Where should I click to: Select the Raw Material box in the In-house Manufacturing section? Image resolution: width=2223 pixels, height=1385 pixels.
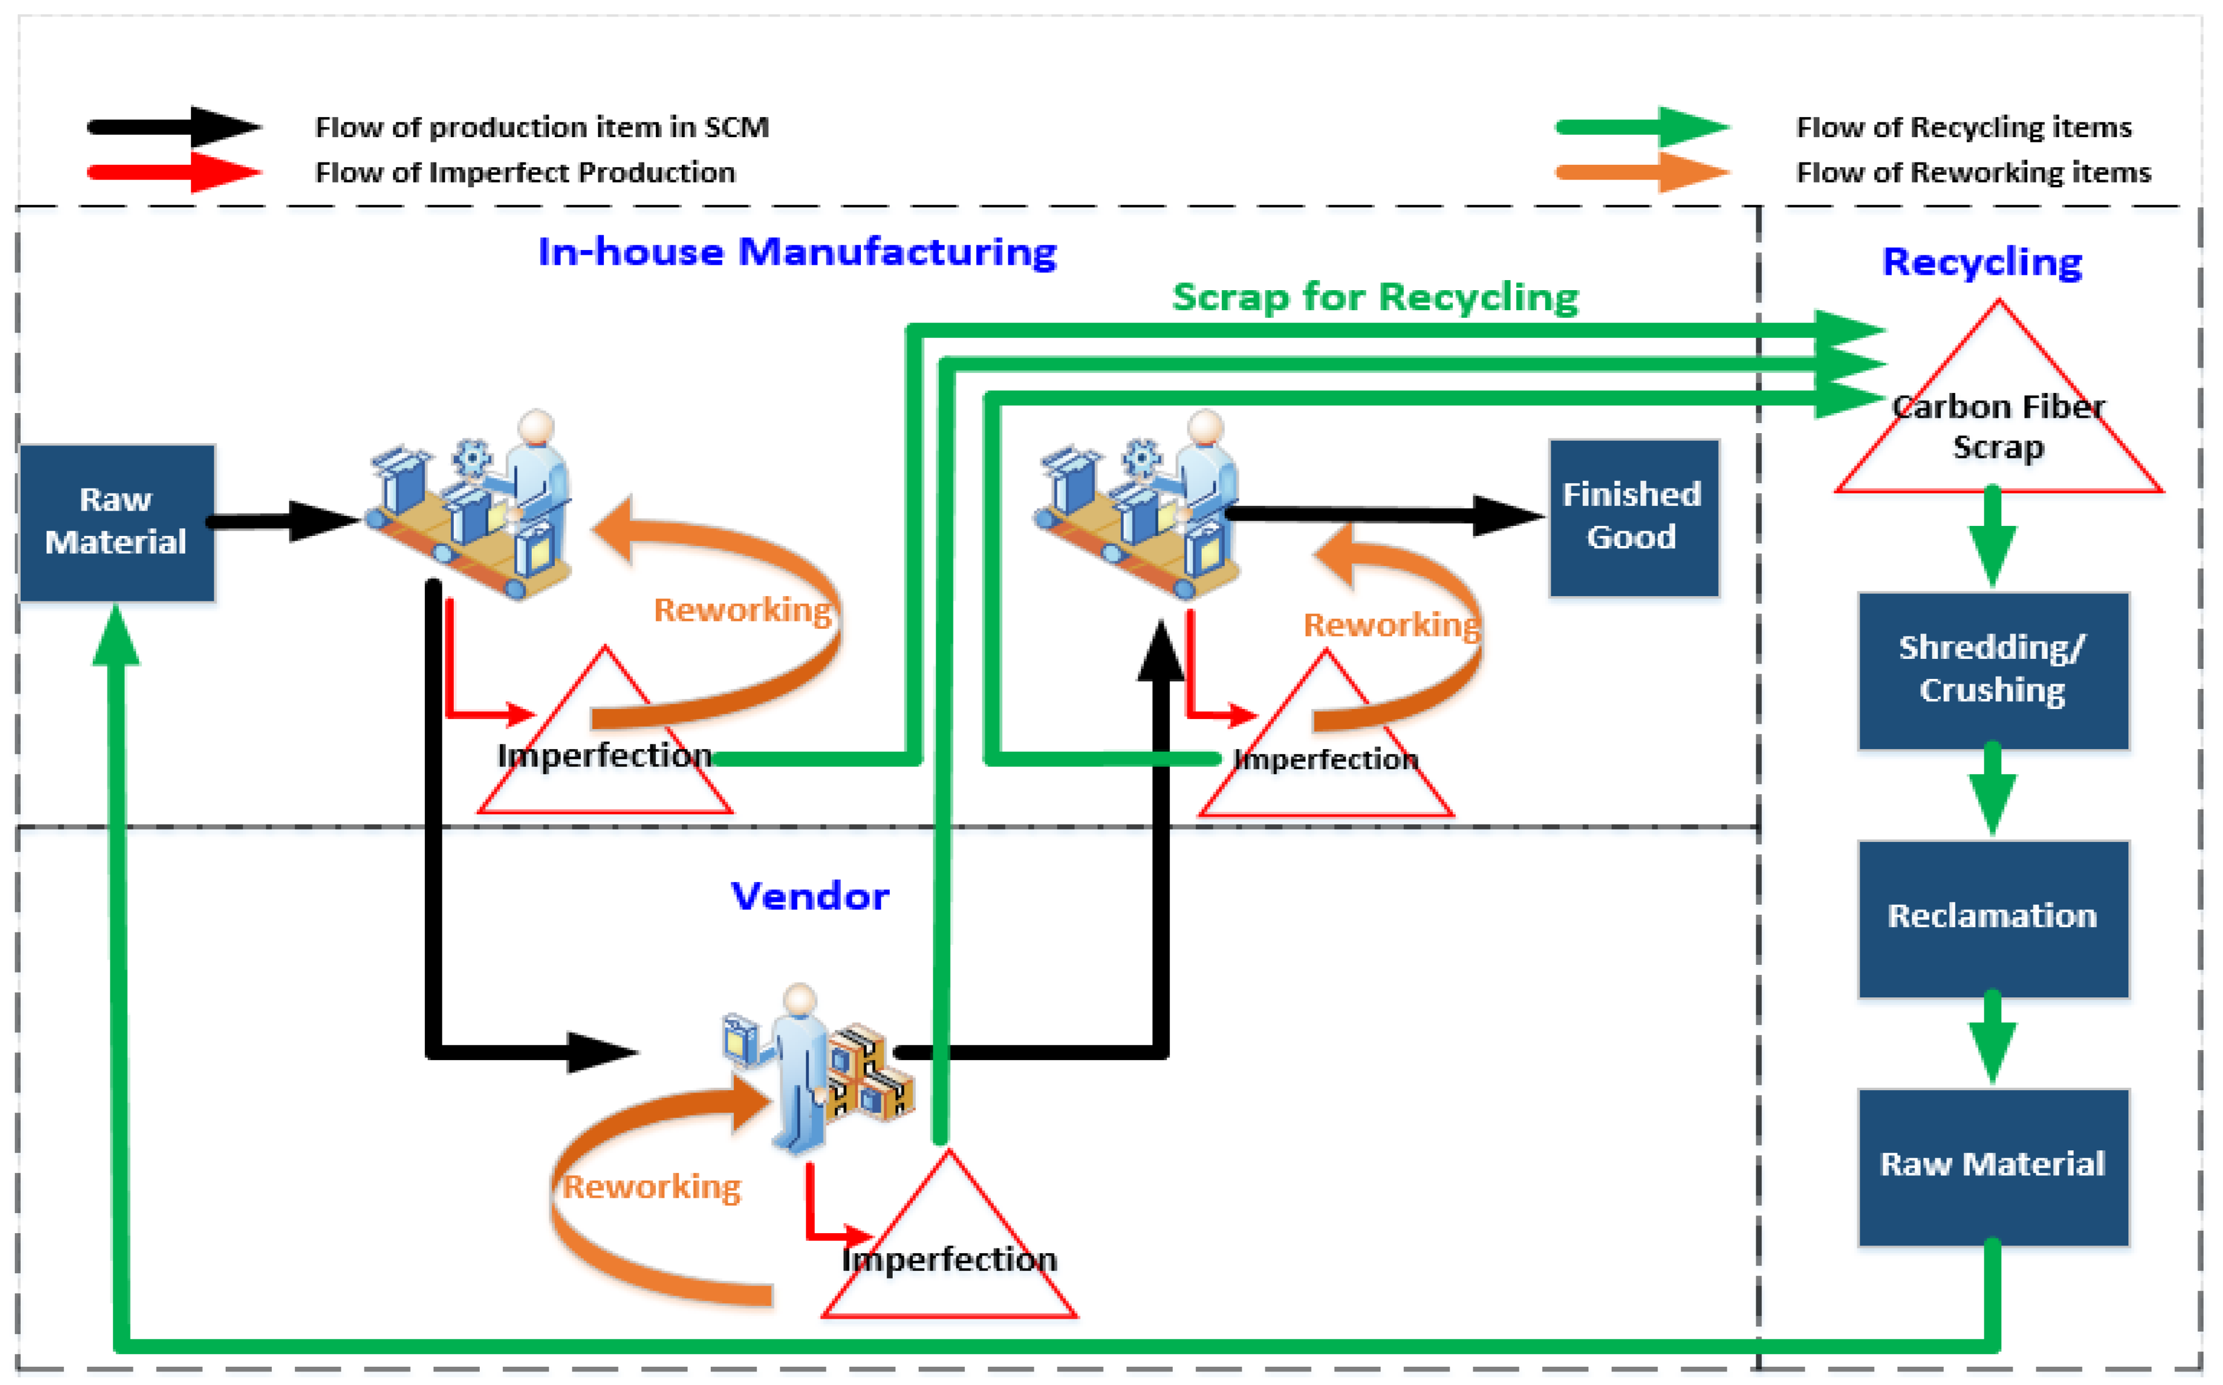pos(116,522)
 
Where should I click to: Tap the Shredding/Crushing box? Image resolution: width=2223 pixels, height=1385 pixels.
pos(1992,669)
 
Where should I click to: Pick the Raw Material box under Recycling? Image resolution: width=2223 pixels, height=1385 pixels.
pos(1992,1165)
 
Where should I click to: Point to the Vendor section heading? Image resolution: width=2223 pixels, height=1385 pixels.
pos(809,896)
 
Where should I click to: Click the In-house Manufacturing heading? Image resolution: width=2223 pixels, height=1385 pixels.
pos(796,252)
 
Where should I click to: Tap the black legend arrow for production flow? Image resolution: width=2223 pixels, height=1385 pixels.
pos(174,126)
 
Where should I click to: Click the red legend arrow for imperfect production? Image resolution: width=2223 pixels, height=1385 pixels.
pos(174,172)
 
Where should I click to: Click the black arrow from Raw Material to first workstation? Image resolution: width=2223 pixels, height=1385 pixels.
pos(284,521)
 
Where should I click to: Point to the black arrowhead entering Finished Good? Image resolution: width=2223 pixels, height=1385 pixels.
pos(1505,516)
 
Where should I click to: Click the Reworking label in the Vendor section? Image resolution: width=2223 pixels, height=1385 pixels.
pos(651,1187)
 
